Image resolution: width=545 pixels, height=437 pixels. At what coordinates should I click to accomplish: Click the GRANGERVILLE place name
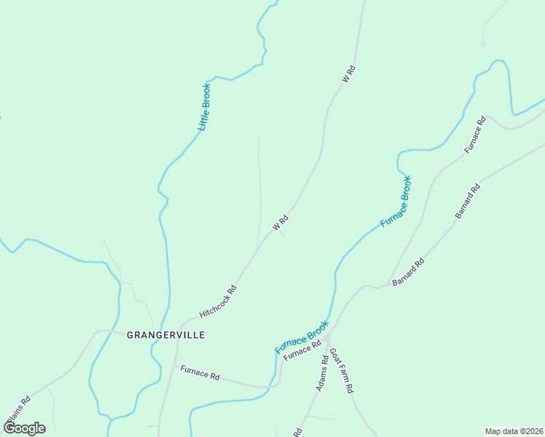coord(165,335)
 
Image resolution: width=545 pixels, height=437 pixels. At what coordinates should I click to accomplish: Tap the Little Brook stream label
coord(205,107)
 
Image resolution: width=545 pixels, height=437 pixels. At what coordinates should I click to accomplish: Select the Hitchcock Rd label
coord(219,301)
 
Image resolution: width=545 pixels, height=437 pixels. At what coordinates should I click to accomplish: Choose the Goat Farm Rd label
coord(341,371)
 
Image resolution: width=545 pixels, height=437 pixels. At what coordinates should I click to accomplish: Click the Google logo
coord(24,428)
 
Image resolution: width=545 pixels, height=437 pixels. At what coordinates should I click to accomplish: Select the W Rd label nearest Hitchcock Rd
coord(281,223)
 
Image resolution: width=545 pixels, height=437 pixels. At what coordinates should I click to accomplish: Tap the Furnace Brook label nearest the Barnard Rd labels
coord(396,201)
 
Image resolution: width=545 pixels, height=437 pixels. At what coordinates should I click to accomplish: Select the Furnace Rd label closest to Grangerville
coord(200,375)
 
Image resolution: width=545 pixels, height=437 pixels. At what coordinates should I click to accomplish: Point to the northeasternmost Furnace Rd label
coord(475,135)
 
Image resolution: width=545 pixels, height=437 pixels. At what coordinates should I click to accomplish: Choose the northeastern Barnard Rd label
coord(468,201)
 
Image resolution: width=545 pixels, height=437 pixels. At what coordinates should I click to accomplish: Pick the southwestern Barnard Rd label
coord(409,272)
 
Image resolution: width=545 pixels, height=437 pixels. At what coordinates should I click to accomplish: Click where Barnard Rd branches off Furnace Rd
coord(386,285)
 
